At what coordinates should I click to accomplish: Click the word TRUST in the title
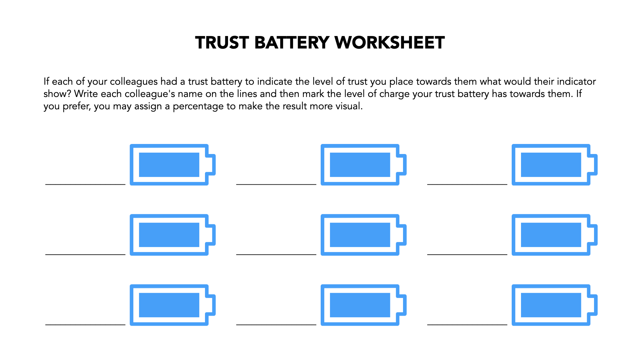point(222,43)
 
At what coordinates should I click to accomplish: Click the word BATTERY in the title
point(292,43)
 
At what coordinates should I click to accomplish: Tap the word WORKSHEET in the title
point(390,43)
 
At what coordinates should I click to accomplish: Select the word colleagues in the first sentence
point(134,82)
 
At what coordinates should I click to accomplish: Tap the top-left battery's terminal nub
point(212,165)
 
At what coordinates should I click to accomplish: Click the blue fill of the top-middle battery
point(360,165)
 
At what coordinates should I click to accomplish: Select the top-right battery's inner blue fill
point(551,165)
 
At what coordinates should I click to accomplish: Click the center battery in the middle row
point(360,235)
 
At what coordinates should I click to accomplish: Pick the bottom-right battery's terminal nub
point(594,305)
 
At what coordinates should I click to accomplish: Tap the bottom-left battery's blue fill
point(169,305)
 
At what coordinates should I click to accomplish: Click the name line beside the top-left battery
point(85,184)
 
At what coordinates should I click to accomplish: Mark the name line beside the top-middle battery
point(276,184)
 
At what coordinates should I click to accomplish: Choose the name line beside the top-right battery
point(467,184)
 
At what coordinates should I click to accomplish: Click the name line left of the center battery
point(276,254)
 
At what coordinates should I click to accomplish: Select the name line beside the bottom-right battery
point(467,324)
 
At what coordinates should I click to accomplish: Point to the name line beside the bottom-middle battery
point(276,324)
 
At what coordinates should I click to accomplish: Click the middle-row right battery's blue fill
point(551,235)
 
